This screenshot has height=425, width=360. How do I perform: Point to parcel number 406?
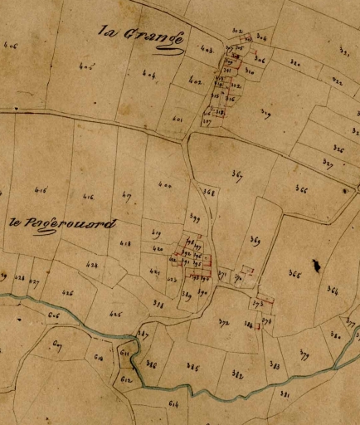tap(11, 47)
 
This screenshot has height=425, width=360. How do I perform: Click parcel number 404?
tap(149, 75)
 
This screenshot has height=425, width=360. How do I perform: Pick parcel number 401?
tap(177, 119)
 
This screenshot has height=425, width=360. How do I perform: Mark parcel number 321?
tap(343, 51)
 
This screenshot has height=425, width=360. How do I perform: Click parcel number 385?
tap(192, 366)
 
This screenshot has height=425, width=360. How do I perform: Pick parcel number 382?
tap(237, 375)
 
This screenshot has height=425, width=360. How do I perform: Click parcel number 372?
tap(224, 323)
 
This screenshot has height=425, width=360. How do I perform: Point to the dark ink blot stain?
tap(316, 265)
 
